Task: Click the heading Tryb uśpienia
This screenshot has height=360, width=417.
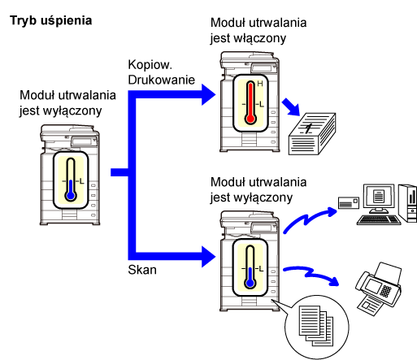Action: pyautogui.click(x=51, y=21)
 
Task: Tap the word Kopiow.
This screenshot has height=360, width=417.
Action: pyautogui.click(x=150, y=65)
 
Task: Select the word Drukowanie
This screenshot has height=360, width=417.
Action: pyautogui.click(x=162, y=80)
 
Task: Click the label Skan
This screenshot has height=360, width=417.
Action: pyautogui.click(x=142, y=270)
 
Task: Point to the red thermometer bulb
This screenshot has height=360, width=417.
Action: pyautogui.click(x=250, y=119)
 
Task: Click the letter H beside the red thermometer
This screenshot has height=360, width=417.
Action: pyautogui.click(x=260, y=84)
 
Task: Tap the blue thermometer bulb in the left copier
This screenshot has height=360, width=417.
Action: pyautogui.click(x=71, y=196)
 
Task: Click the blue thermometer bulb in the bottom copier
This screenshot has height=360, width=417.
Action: pyautogui.click(x=250, y=283)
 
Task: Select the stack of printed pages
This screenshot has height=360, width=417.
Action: pyautogui.click(x=312, y=134)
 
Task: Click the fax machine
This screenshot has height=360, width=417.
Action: pyautogui.click(x=378, y=288)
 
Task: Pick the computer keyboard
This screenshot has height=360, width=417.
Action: pyautogui.click(x=379, y=219)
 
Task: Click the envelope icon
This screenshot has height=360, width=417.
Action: pyautogui.click(x=349, y=203)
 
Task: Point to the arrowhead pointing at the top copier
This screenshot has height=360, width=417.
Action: pyautogui.click(x=208, y=94)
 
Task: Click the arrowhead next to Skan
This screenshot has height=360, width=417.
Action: pyautogui.click(x=208, y=257)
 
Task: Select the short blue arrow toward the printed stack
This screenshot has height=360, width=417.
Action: pyautogui.click(x=292, y=107)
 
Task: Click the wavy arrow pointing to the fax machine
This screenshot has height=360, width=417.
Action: pyautogui.click(x=311, y=274)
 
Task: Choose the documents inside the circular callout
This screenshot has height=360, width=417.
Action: pyautogui.click(x=316, y=326)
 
